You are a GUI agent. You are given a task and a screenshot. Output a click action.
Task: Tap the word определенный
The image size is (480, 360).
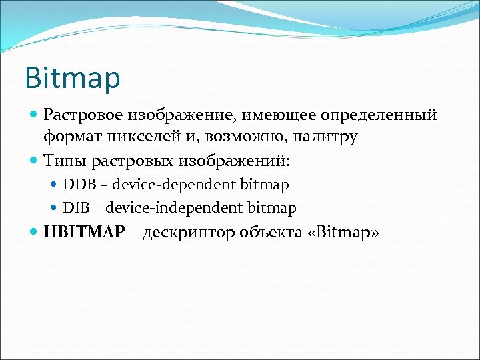379,115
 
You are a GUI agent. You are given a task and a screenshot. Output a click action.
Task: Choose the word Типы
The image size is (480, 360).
65,160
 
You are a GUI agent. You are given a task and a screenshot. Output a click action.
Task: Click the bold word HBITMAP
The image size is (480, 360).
83,233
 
